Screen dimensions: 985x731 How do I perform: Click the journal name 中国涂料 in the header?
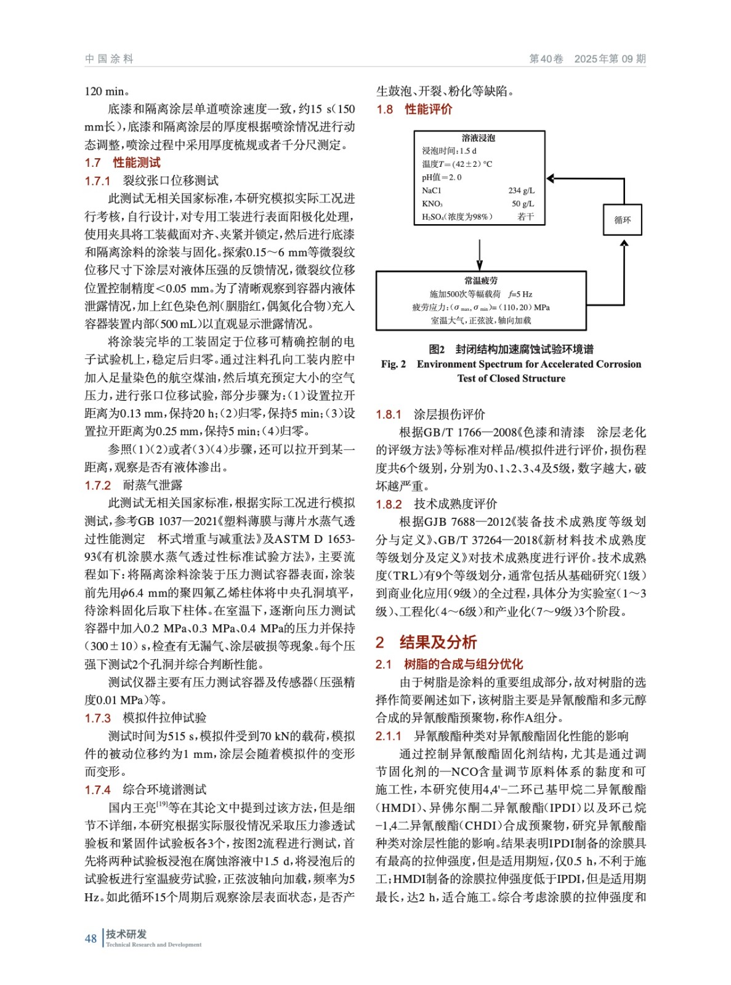coord(109,59)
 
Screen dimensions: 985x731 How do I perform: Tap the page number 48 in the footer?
coord(91,938)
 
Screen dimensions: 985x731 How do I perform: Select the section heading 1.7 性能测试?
coord(122,163)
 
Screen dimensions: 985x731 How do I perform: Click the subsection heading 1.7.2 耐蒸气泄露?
coord(133,485)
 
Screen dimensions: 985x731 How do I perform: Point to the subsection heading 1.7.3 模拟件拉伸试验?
coord(145,718)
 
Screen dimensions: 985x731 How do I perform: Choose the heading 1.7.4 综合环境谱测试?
coord(145,789)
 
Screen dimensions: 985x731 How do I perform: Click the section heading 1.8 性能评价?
coord(414,109)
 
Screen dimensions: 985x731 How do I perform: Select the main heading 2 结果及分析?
coord(426,642)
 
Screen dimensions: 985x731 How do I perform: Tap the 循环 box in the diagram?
coord(622,220)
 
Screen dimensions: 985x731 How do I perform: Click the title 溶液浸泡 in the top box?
coord(479,138)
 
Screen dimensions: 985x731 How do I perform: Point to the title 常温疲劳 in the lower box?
coord(481,281)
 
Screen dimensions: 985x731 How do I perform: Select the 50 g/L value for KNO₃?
coord(523,204)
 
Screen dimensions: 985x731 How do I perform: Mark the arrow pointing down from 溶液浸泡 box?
coord(479,254)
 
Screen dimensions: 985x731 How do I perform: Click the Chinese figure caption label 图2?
coord(437,349)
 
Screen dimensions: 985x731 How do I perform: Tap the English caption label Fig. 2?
coord(393,364)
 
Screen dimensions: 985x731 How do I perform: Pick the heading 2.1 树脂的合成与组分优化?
coord(449,664)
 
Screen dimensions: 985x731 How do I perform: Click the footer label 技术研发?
coord(126,933)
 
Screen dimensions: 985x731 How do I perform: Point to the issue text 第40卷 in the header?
coord(546,59)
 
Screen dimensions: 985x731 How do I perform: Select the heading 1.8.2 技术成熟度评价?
coord(436,504)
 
